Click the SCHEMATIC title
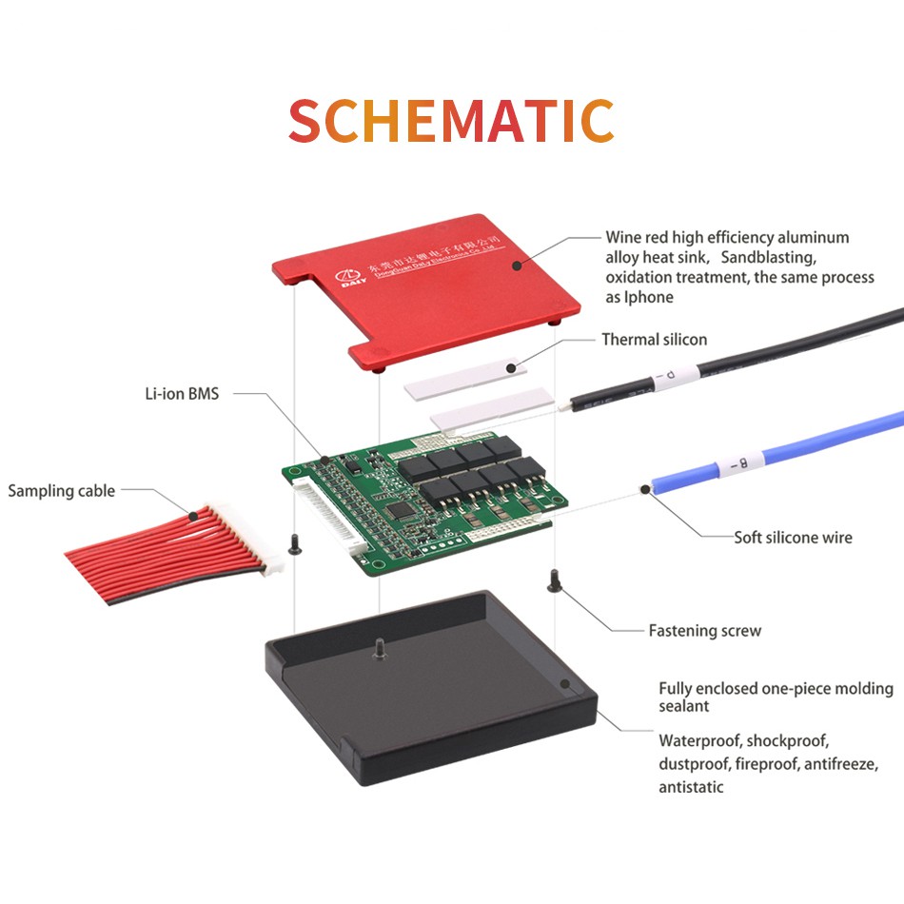[451, 121]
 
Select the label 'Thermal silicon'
[654, 340]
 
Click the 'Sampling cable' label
[61, 491]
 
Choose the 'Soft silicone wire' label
[793, 538]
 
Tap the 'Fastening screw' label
[704, 630]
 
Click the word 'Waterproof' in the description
[698, 740]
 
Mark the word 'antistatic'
[691, 787]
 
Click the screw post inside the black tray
[379, 646]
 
